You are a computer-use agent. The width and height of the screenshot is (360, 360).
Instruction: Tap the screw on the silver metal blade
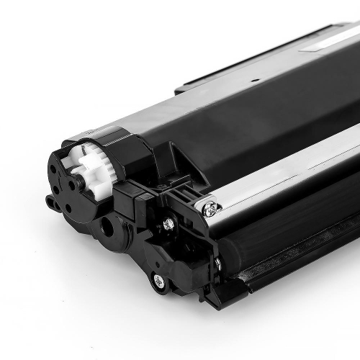[210, 210]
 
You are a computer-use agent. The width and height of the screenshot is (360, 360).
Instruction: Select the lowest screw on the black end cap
[158, 279]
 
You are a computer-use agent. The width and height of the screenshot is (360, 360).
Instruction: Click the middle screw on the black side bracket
[168, 224]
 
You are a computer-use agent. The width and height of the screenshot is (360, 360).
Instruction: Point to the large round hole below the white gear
[108, 226]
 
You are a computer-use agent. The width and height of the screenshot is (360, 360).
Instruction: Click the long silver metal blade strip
[288, 176]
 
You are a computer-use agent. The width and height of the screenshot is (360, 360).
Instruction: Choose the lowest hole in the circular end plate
[68, 209]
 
